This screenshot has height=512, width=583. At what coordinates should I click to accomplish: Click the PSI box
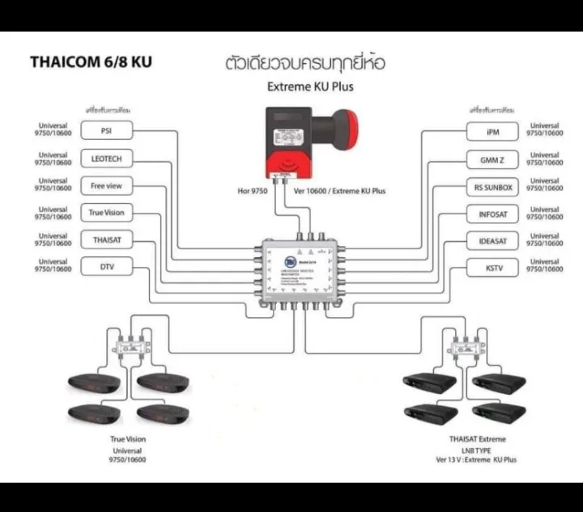(x=105, y=132)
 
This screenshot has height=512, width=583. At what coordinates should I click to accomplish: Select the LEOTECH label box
(x=105, y=159)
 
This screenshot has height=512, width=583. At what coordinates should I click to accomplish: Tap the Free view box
(x=105, y=186)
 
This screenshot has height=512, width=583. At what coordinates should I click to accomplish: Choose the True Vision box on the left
(x=105, y=213)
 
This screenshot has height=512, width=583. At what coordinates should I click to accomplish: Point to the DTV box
(x=105, y=265)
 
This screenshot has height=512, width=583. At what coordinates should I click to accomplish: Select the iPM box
(x=492, y=132)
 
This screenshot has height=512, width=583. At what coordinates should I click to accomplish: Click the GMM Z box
(x=492, y=159)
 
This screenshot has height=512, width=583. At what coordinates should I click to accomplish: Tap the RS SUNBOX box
(x=492, y=187)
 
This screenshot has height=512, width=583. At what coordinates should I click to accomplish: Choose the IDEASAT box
(x=492, y=241)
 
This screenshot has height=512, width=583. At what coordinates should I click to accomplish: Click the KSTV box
(x=492, y=266)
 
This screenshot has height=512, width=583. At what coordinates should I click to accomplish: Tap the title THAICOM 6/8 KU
(x=91, y=61)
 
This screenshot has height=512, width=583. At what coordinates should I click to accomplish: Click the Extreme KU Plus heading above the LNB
(x=310, y=85)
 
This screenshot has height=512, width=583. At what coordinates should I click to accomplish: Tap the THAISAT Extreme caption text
(x=477, y=439)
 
